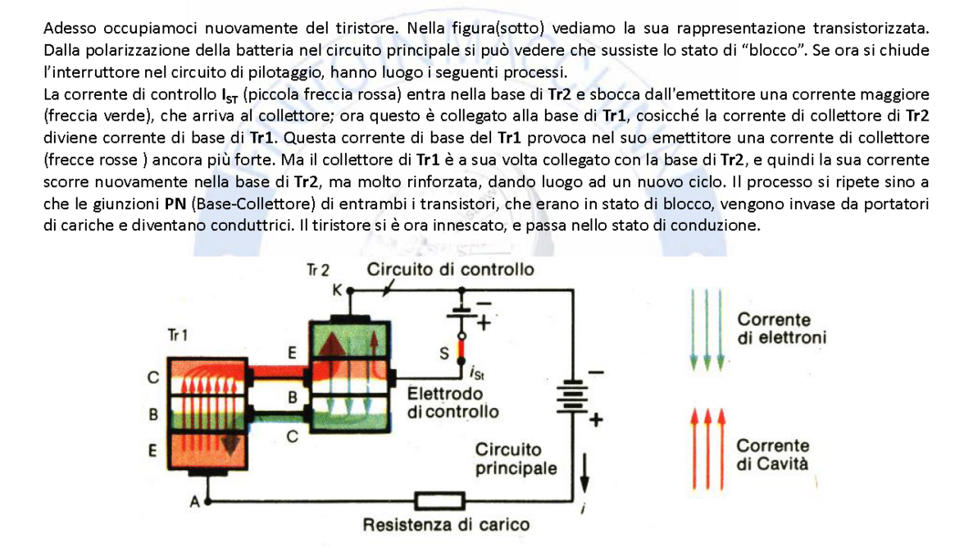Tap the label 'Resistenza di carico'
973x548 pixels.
(x=446, y=524)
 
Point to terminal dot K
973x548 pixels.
(x=350, y=290)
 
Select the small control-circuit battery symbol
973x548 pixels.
(x=461, y=314)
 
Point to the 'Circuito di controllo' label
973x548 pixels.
(x=450, y=269)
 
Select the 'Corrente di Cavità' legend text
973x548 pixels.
(x=772, y=454)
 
